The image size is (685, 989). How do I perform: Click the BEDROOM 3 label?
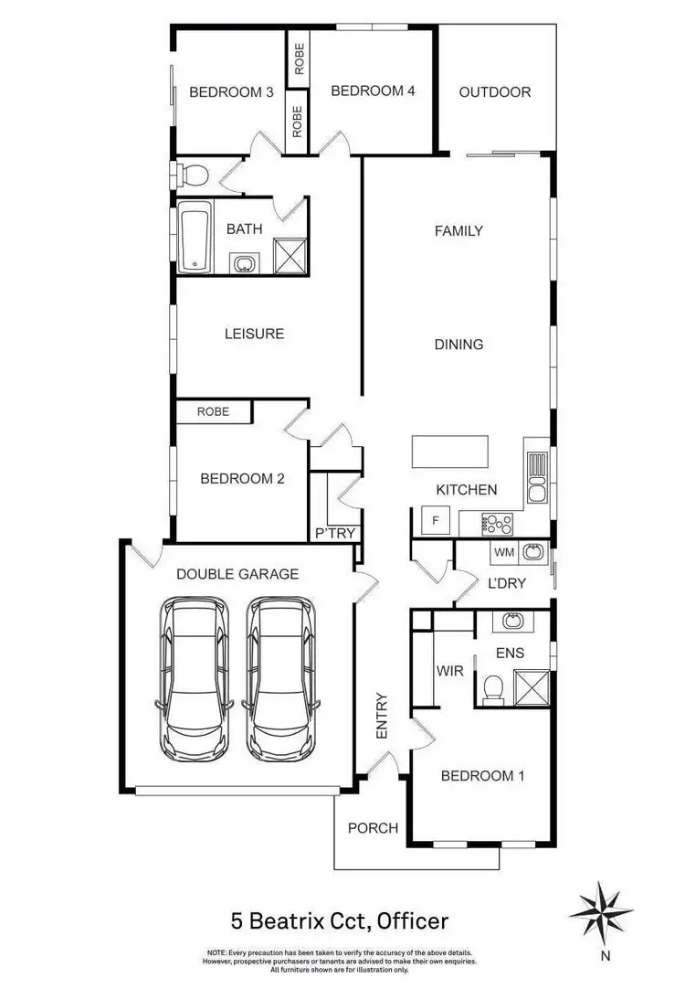[x=232, y=91]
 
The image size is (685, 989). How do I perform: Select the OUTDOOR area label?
[x=494, y=91]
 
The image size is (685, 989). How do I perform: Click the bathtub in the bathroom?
[x=194, y=236]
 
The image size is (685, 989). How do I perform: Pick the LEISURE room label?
[x=254, y=334]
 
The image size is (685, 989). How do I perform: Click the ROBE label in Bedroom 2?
[x=215, y=412]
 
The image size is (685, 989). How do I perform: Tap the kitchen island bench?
[x=449, y=452]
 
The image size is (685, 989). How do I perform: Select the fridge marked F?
[x=436, y=522]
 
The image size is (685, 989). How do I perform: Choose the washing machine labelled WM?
[x=503, y=553]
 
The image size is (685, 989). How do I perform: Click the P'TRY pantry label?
[x=333, y=534]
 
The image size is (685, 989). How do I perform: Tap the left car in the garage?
[x=194, y=677]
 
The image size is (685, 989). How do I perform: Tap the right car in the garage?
[x=280, y=677]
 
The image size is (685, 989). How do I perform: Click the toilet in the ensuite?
[x=492, y=687]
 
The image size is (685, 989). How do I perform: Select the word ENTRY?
[x=381, y=717]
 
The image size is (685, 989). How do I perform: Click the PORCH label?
[x=373, y=828]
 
